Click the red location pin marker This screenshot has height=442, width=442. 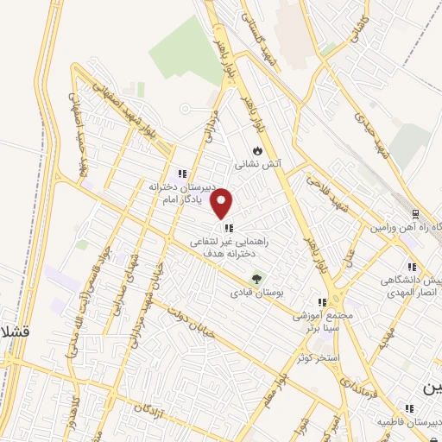point(223,204)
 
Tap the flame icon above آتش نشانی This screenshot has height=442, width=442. point(256,149)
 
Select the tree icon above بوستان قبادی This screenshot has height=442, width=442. point(256,279)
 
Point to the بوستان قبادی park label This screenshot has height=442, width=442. point(253,294)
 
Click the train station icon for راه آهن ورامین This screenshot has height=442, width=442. point(415,213)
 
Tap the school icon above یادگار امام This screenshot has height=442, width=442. point(181,173)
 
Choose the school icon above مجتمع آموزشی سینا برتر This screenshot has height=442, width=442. point(322,303)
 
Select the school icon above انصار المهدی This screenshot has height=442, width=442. point(411,267)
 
